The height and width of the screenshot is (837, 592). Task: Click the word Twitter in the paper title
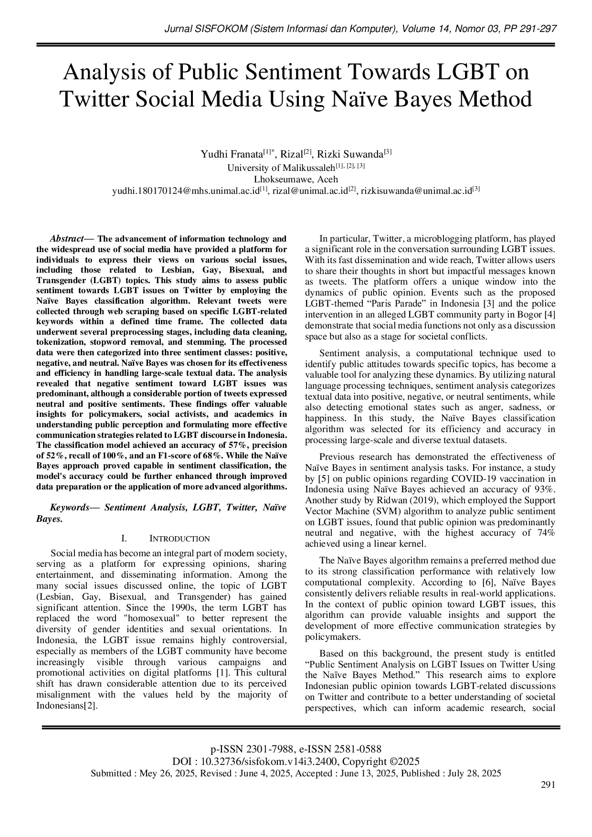click(94, 99)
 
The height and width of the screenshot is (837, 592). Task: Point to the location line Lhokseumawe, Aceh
click(296, 180)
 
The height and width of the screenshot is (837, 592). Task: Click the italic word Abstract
click(66, 239)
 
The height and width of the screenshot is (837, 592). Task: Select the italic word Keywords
click(70, 508)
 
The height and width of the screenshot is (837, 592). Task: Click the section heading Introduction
click(180, 539)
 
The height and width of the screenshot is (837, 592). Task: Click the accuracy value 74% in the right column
click(545, 533)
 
